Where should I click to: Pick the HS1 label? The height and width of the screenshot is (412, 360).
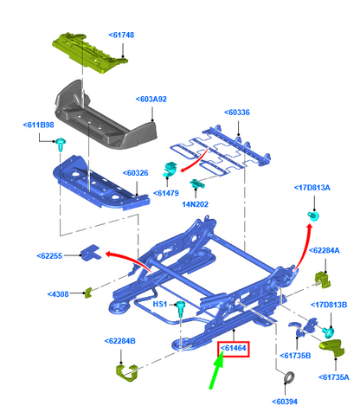click(160, 305)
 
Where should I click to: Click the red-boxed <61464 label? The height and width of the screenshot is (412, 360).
click(234, 349)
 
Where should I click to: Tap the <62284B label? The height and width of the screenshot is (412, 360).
click(125, 340)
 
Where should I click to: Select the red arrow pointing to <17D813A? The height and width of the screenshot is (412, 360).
click(300, 251)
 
